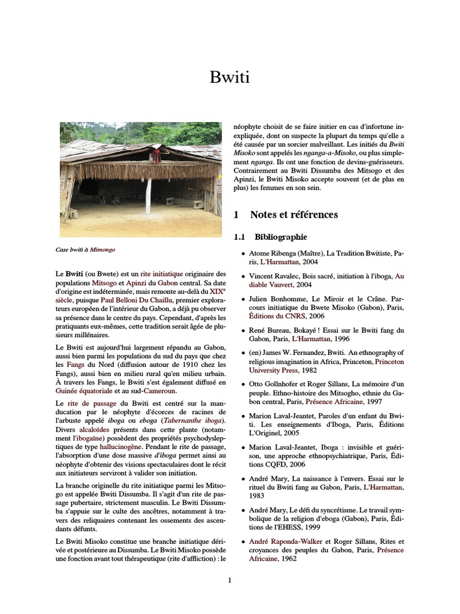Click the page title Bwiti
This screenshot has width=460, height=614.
[x=229, y=77]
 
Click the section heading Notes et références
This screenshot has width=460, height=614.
[x=293, y=215]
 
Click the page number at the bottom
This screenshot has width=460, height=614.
[x=229, y=580]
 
